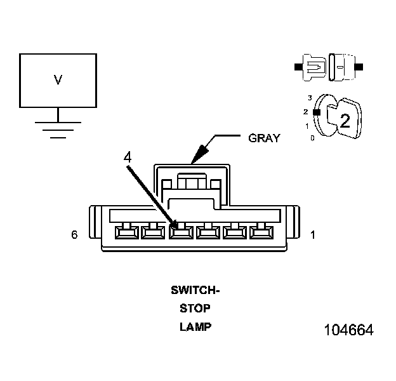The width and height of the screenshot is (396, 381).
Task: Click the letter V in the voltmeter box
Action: (58, 80)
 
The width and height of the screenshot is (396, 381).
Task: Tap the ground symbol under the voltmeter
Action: (58, 128)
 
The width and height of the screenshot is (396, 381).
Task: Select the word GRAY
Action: (263, 138)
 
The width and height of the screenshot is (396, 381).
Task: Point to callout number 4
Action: (128, 156)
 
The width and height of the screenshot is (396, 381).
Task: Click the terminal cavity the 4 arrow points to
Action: (181, 231)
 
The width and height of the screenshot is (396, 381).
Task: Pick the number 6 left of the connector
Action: (75, 235)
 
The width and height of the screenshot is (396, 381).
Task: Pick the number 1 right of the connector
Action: (312, 235)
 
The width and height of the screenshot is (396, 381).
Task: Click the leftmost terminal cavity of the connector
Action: (124, 231)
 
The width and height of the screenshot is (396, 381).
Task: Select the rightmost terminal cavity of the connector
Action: (259, 231)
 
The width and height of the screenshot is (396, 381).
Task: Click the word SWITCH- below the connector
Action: (195, 291)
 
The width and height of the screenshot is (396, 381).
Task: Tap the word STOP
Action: (195, 309)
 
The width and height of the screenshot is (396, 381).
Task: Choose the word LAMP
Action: (195, 328)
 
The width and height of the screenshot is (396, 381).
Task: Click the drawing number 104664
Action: (348, 331)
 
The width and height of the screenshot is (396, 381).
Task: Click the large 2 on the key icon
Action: (345, 121)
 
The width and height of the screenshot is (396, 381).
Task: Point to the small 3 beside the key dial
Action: (310, 98)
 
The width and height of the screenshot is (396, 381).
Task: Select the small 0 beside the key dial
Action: (312, 137)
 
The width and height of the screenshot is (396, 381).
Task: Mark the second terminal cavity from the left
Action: (152, 231)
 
